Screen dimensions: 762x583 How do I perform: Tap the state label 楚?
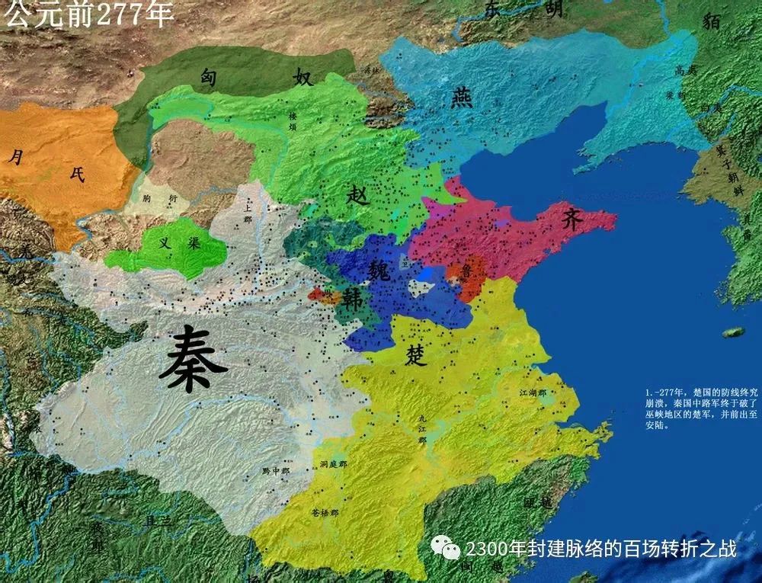point(416,355)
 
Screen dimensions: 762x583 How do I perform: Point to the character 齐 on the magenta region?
point(572,219)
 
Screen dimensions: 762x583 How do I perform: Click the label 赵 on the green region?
point(357,195)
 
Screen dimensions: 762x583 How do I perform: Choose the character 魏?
point(379,268)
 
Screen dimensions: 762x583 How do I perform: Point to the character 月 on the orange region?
point(15,157)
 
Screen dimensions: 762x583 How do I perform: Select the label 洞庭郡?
point(333,463)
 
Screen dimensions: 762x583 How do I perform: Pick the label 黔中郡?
point(276,471)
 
